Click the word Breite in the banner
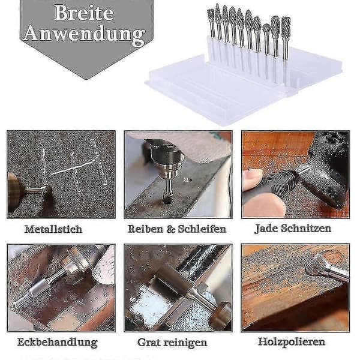(x=84, y=13)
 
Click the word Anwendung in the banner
(x=85, y=34)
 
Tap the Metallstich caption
(x=53, y=229)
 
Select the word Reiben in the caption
(x=145, y=229)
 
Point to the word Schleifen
(x=202, y=229)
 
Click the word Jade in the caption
(x=266, y=229)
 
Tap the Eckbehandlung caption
(x=58, y=342)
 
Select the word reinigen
(x=185, y=343)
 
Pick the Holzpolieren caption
(x=292, y=341)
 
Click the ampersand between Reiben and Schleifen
(x=170, y=229)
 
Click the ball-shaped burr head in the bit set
(x=266, y=28)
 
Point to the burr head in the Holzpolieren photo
(x=314, y=265)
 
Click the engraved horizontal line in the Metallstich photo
(x=73, y=167)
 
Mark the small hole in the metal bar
(x=187, y=179)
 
